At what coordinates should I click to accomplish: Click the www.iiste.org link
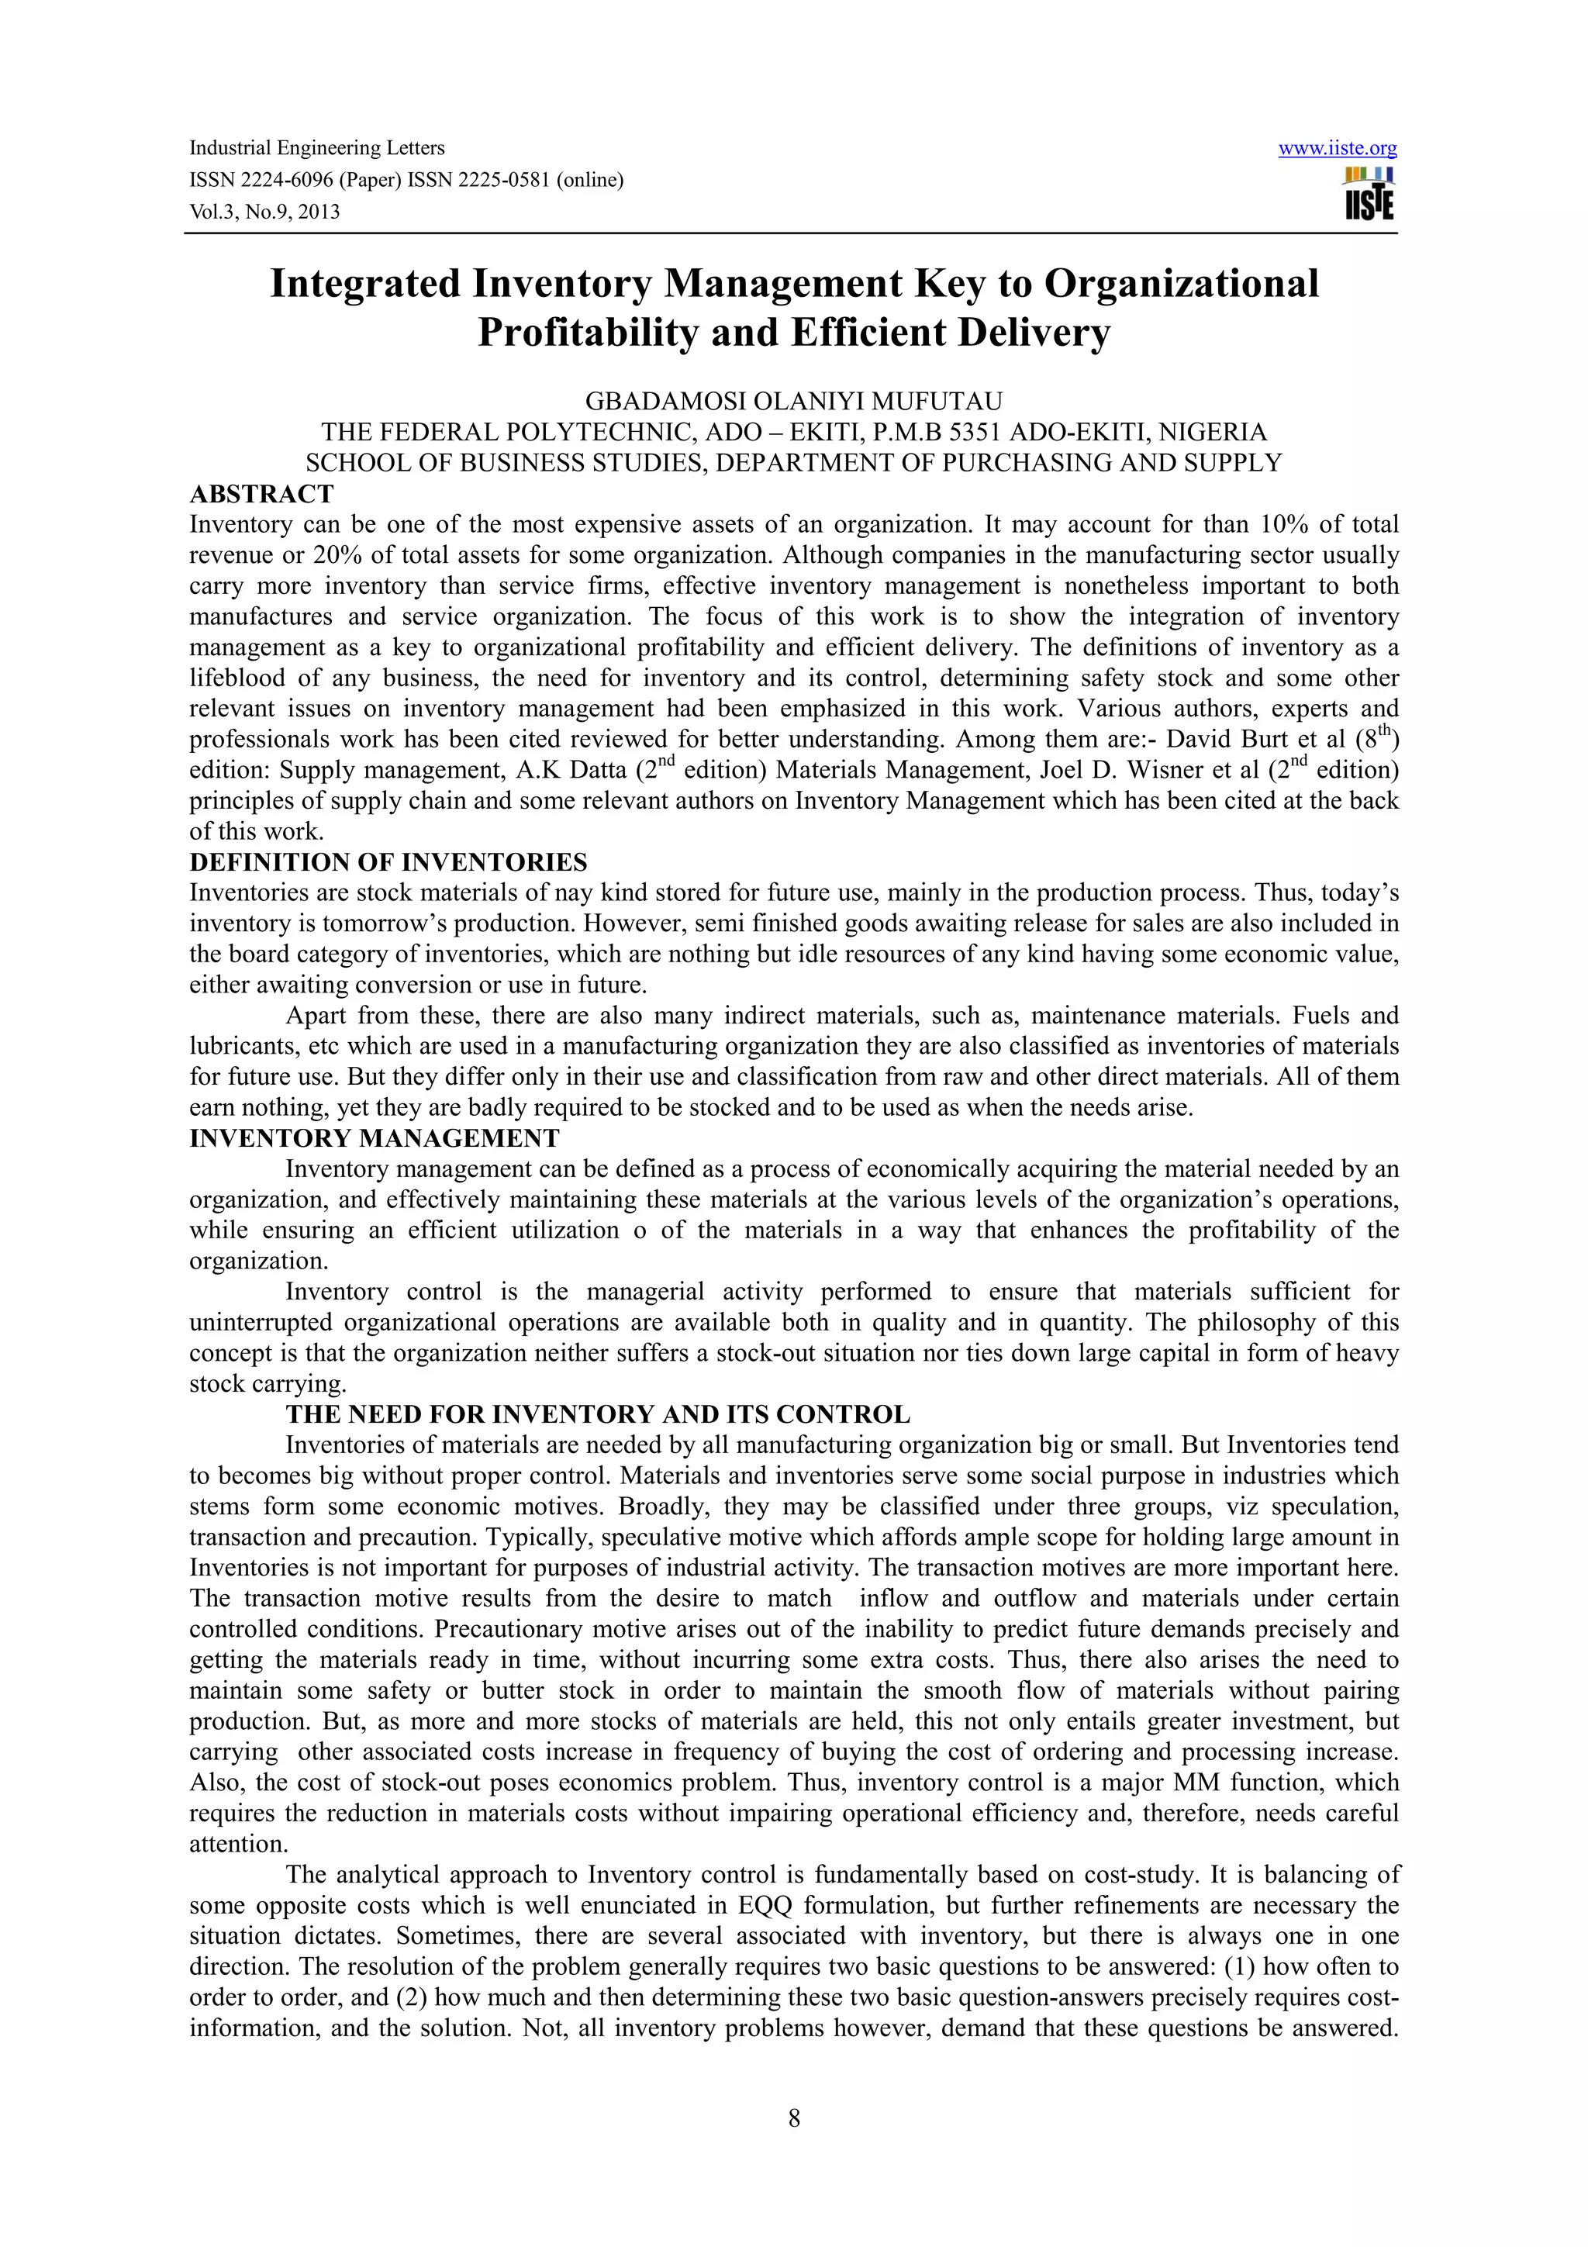1337,149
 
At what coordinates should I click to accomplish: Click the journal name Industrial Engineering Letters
316,148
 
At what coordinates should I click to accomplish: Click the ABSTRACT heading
261,493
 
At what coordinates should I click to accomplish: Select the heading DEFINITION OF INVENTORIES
388,862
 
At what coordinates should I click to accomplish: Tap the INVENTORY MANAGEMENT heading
374,1138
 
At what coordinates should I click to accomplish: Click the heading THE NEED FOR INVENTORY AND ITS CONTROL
597,1414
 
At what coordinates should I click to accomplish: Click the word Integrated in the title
364,284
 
